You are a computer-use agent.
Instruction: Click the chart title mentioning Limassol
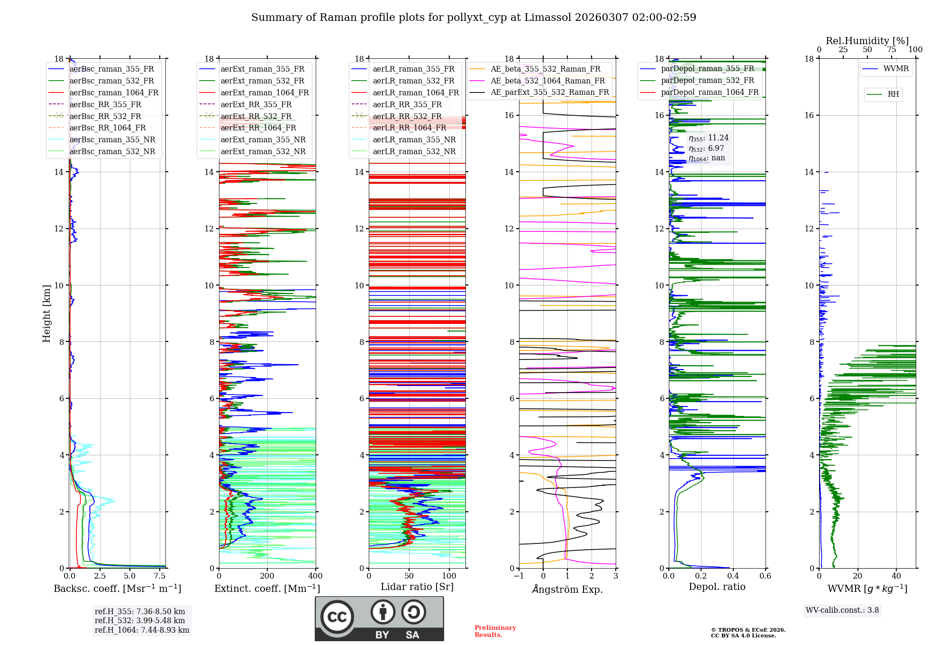pyautogui.click(x=474, y=18)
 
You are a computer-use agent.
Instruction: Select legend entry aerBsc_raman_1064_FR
pyautogui.click(x=114, y=92)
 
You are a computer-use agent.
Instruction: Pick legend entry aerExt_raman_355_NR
pyautogui.click(x=263, y=139)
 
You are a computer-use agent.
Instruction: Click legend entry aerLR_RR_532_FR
pyautogui.click(x=407, y=116)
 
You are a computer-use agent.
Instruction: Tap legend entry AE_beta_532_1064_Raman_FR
pyautogui.click(x=547, y=81)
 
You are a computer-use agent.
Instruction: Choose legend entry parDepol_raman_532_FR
pyautogui.click(x=707, y=81)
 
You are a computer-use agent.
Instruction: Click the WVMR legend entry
pyautogui.click(x=895, y=69)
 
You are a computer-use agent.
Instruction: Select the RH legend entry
pyautogui.click(x=893, y=94)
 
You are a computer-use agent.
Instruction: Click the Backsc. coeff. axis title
pyautogui.click(x=117, y=589)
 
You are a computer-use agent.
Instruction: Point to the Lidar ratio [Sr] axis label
pyautogui.click(x=417, y=587)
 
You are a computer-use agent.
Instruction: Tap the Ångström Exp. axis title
pyautogui.click(x=567, y=589)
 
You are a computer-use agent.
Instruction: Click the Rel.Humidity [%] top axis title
pyautogui.click(x=867, y=41)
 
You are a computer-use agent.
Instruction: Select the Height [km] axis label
pyautogui.click(x=46, y=313)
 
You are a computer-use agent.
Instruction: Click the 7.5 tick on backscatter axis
pyautogui.click(x=160, y=576)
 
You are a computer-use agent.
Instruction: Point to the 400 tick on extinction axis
pyautogui.click(x=315, y=576)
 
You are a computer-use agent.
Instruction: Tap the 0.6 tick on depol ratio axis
pyautogui.click(x=765, y=576)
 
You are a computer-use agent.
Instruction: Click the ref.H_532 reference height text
pyautogui.click(x=140, y=621)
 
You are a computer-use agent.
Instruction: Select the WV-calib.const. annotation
pyautogui.click(x=842, y=610)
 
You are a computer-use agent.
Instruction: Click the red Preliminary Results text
pyautogui.click(x=495, y=631)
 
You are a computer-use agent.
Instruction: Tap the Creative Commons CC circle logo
pyautogui.click(x=337, y=617)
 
